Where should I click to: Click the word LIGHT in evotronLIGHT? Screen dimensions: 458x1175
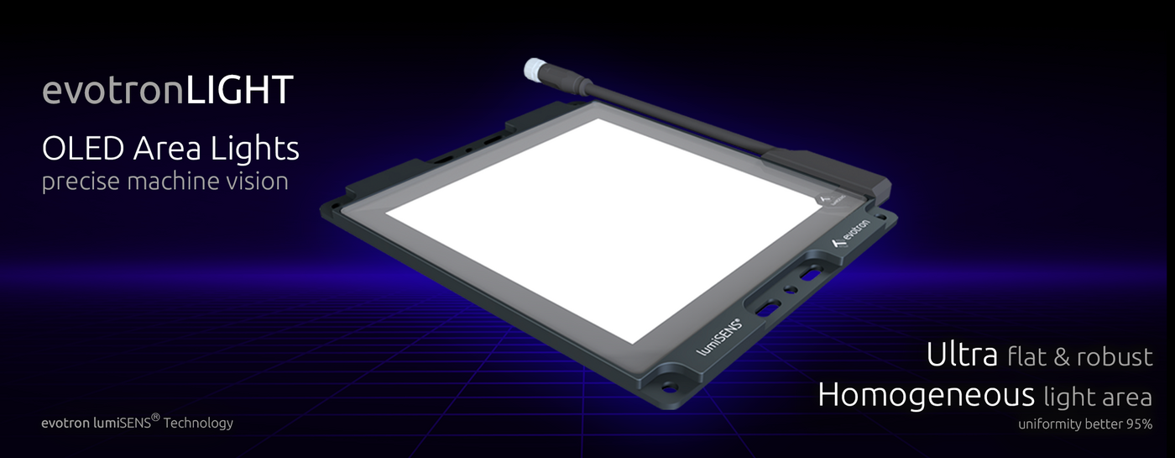pos(239,91)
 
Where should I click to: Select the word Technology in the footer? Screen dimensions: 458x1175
pos(198,423)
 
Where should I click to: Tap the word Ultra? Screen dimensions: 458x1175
pos(962,355)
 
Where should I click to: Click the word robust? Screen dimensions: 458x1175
pos(1115,357)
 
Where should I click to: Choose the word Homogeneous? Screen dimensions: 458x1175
pos(926,394)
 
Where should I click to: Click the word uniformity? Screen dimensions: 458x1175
pos(1048,424)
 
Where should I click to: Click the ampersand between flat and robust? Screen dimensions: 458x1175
pos(1063,357)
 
